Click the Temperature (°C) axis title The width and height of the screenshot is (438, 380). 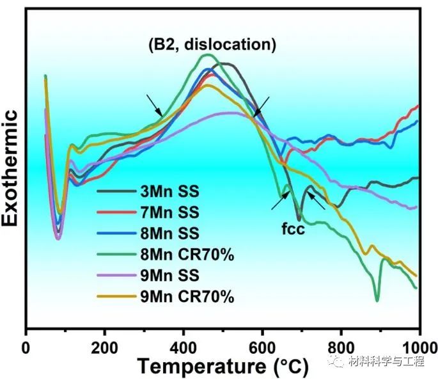[x=223, y=367]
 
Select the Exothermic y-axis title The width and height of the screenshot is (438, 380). [x=10, y=168]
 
